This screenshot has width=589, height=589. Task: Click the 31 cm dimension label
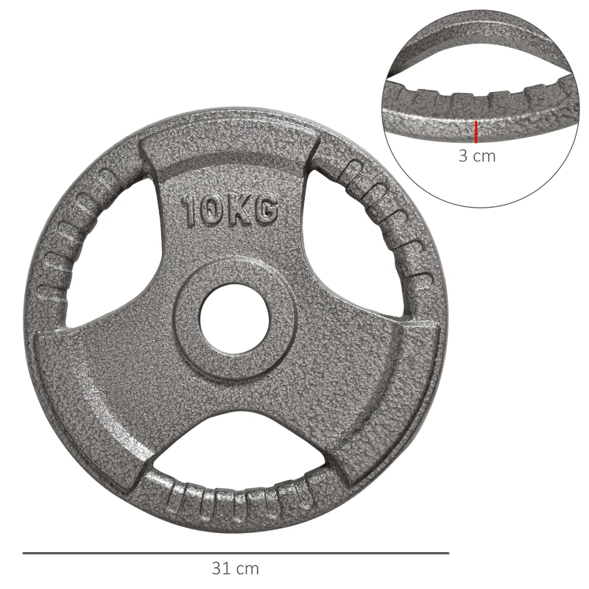pos(236,568)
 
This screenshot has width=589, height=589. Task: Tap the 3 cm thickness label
pos(477,155)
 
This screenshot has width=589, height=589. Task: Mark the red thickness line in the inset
pos(476,131)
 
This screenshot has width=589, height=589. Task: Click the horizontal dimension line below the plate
pos(236,552)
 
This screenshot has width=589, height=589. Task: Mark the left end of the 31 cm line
pos(23,552)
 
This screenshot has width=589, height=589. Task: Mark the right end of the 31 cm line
pos(448,552)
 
